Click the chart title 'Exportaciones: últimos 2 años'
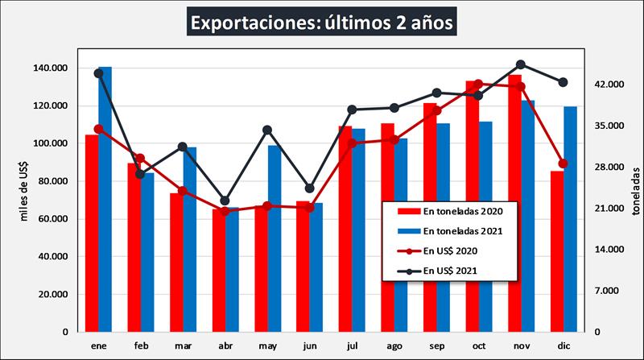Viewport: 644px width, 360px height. [x=322, y=21]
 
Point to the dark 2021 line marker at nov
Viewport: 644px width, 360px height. [x=521, y=64]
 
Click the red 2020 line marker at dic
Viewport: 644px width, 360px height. [x=563, y=163]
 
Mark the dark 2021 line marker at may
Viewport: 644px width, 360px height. [x=268, y=130]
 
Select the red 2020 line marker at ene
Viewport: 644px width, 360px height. [x=98, y=129]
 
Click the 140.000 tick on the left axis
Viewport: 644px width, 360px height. [x=51, y=68]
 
